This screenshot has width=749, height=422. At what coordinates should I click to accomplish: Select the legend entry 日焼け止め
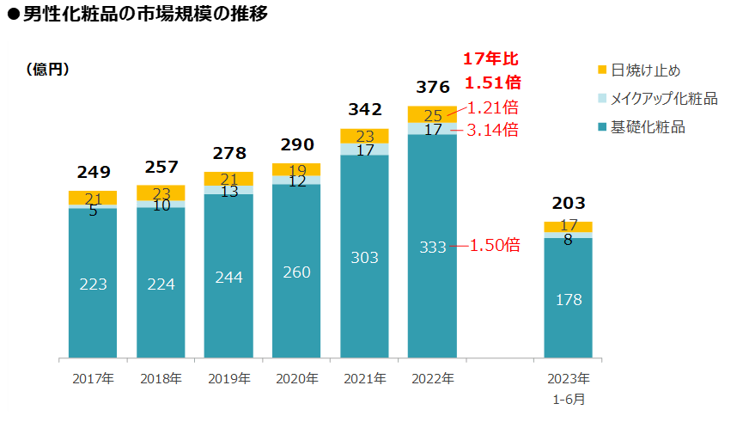click(645, 70)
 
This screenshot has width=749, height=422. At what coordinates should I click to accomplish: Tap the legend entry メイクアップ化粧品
click(663, 99)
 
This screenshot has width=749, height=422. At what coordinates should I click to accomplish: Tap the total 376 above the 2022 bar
click(432, 87)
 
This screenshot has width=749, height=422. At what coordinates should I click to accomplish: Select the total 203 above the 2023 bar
click(569, 204)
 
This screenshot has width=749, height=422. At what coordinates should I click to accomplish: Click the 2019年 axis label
click(228, 378)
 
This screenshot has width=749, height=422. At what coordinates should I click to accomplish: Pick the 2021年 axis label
click(364, 378)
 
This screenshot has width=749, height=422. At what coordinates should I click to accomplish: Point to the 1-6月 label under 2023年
click(569, 399)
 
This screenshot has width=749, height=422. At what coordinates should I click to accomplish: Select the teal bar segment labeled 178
click(569, 299)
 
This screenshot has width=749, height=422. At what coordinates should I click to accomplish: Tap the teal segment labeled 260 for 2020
click(296, 272)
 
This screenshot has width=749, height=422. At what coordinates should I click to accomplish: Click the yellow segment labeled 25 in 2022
click(432, 114)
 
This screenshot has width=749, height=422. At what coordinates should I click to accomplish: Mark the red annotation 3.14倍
click(492, 131)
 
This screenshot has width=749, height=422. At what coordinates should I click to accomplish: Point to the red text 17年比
click(490, 59)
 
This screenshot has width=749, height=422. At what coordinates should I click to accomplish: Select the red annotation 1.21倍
click(492, 107)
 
